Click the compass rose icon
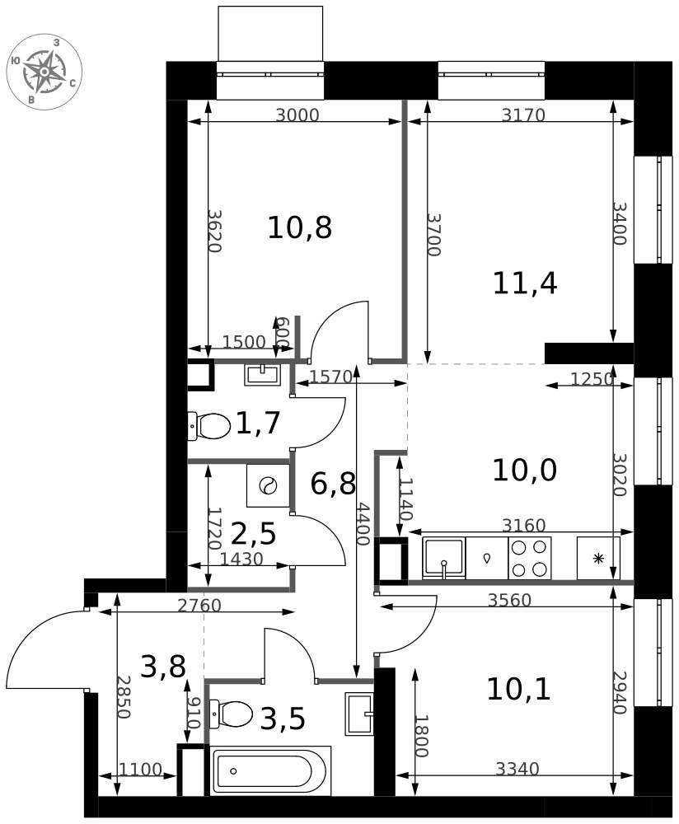coord(44,72)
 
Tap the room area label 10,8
coord(300,228)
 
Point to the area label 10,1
coord(518,689)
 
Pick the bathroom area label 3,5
coord(283,719)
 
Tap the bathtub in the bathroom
coord(270,771)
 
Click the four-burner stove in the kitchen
coord(530,558)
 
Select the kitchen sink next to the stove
coord(444,558)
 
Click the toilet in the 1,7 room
coord(209,426)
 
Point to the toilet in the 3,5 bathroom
coord(232,714)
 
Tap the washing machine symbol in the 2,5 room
coord(269,485)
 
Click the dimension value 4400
coord(362,523)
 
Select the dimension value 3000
coord(297,115)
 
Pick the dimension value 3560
coord(510,600)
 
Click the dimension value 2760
coord(199,606)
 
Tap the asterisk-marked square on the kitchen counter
coord(598,558)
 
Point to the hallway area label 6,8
coord(333,484)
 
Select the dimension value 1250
coord(592,378)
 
